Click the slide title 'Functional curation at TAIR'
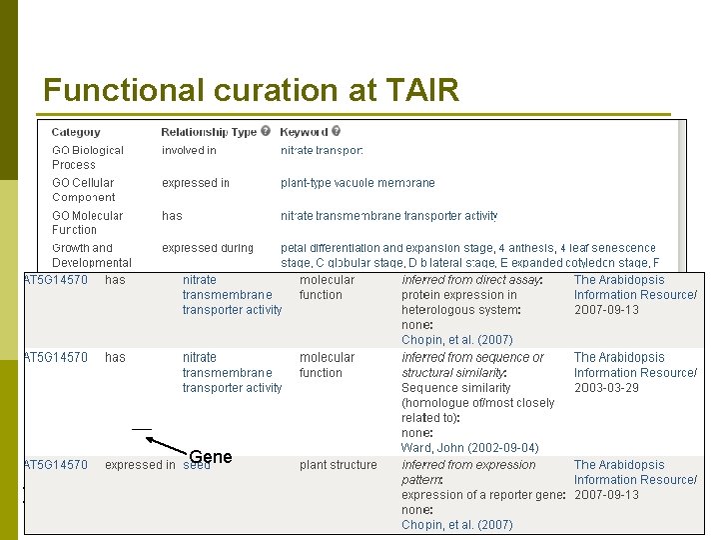251,91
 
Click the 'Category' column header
76,132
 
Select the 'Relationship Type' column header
209,132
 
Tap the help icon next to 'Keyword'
337,131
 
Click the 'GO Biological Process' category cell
88,157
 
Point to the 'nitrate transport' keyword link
322,151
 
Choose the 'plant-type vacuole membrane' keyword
358,183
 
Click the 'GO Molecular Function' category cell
88,222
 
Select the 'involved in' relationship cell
189,151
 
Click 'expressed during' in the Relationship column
208,248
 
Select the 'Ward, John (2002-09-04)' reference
469,448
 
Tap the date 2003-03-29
606,388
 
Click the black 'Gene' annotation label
211,457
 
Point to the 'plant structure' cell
339,465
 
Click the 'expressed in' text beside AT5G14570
140,465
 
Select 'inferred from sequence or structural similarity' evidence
472,365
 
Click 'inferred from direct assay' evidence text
471,280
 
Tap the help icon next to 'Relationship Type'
267,131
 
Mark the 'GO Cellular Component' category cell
84,190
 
